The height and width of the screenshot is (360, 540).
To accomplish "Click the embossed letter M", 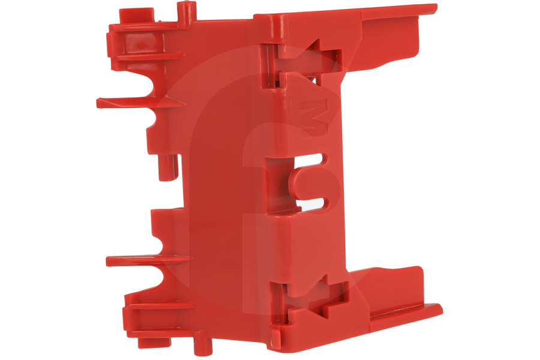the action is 314,117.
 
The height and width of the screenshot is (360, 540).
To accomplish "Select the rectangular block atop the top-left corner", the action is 136,16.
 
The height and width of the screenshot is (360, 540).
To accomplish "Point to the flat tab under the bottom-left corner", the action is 155,343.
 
